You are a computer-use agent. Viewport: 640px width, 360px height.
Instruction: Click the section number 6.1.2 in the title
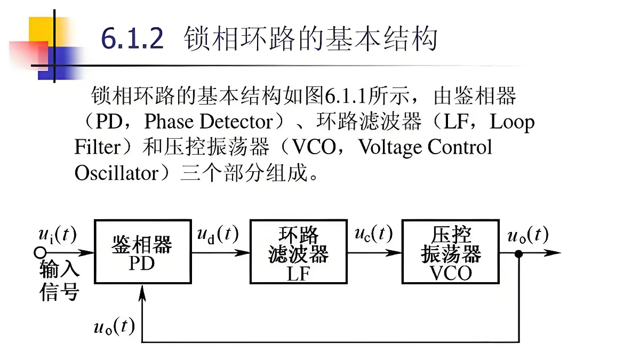point(132,39)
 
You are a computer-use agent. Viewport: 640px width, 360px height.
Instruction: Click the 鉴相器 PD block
point(142,252)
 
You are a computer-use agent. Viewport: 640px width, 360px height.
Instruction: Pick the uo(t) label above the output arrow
point(528,234)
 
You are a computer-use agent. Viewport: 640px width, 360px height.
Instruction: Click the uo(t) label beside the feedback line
point(114,326)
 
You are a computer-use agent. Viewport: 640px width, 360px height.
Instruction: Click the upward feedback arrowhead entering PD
point(142,291)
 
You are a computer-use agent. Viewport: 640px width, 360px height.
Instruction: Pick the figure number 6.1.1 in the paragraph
point(344,97)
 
